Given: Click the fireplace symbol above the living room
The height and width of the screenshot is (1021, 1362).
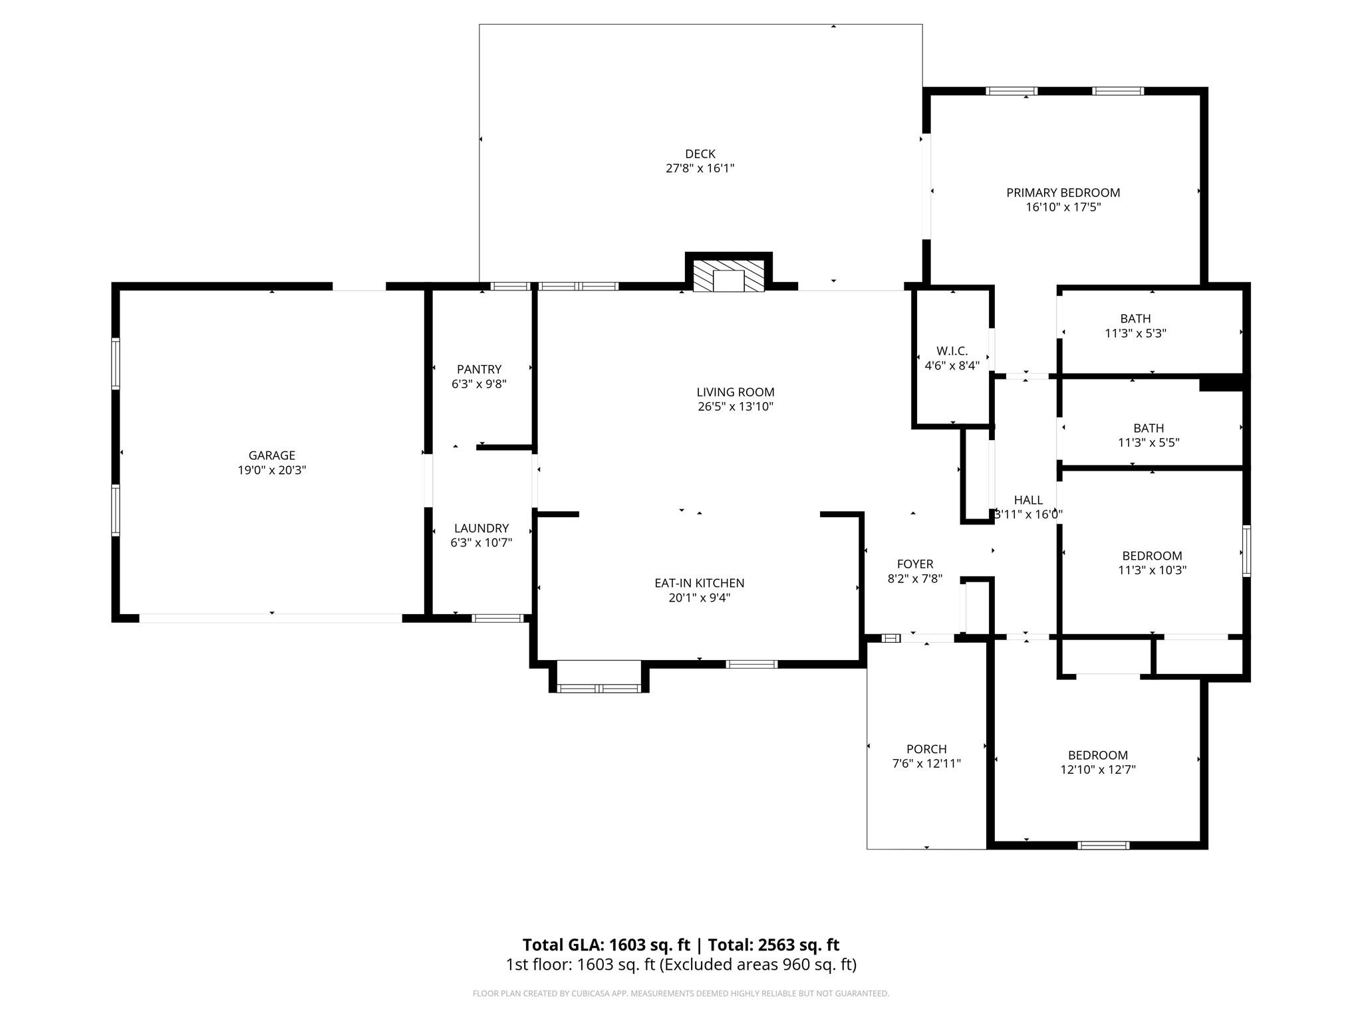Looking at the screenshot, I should tap(728, 276).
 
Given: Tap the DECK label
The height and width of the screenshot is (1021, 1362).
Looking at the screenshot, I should tap(700, 154).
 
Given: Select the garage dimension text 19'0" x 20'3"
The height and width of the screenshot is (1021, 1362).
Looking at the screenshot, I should tap(271, 470).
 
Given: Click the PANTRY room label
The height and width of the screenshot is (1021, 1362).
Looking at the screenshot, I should tap(479, 369).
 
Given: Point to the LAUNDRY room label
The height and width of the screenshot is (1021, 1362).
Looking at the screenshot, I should tap(481, 528).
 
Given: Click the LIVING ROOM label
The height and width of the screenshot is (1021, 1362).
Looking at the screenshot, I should tap(735, 392).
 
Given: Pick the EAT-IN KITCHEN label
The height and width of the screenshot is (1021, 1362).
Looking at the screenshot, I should tap(699, 583).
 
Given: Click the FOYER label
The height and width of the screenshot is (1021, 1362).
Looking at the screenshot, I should tap(914, 564).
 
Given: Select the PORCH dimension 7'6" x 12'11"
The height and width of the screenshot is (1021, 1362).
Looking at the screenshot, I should tap(926, 763).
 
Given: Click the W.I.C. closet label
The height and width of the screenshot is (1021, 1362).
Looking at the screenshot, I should tap(952, 350).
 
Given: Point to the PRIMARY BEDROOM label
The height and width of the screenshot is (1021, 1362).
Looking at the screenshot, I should tap(1063, 193).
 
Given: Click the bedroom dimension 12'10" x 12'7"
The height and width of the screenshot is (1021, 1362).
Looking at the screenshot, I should tap(1097, 770).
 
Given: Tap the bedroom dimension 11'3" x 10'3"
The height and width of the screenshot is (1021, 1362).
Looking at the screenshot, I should tap(1152, 570).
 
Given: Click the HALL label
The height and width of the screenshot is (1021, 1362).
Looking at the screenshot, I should tap(1028, 500).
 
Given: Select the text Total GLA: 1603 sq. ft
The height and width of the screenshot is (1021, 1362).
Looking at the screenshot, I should tap(606, 945).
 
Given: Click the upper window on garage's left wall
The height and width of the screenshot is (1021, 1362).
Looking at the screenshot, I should tap(116, 364).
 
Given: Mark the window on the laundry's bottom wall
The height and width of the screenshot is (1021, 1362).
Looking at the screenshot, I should tap(497, 618).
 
